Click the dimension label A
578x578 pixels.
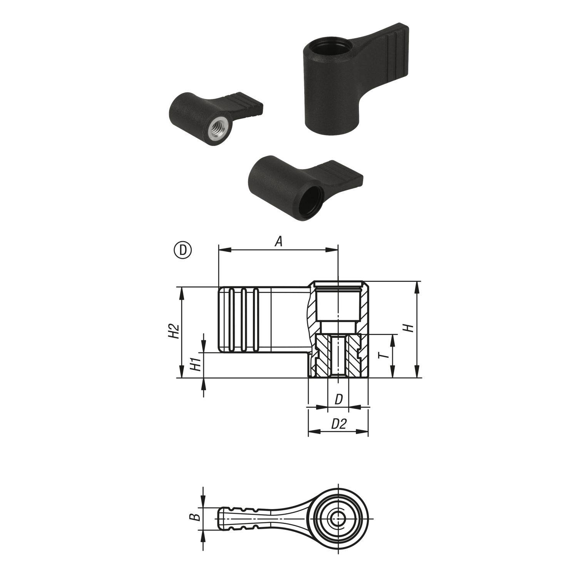pos(279,242)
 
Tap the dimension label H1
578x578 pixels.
pos(196,364)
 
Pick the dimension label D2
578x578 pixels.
pos(339,424)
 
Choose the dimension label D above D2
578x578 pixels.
pos(338,399)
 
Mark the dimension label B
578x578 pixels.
pos(196,516)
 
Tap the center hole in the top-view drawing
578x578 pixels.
pos(338,519)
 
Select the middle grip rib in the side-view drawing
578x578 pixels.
pos(244,320)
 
